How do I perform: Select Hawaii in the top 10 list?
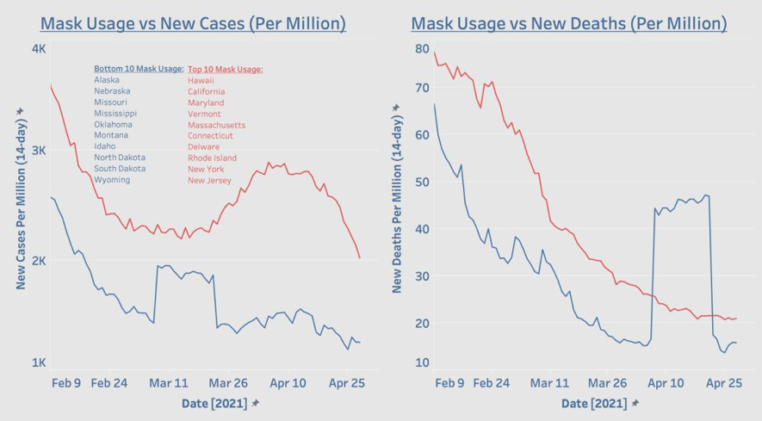201,80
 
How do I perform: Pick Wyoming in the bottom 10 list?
112,180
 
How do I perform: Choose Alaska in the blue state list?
108,80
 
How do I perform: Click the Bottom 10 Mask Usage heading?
139,69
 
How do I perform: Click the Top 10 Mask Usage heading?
225,69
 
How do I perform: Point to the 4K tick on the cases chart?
39,49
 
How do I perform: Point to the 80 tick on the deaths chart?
422,49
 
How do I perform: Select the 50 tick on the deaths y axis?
422,183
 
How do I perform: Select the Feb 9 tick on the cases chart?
65,382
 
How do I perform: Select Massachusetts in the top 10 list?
216,125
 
